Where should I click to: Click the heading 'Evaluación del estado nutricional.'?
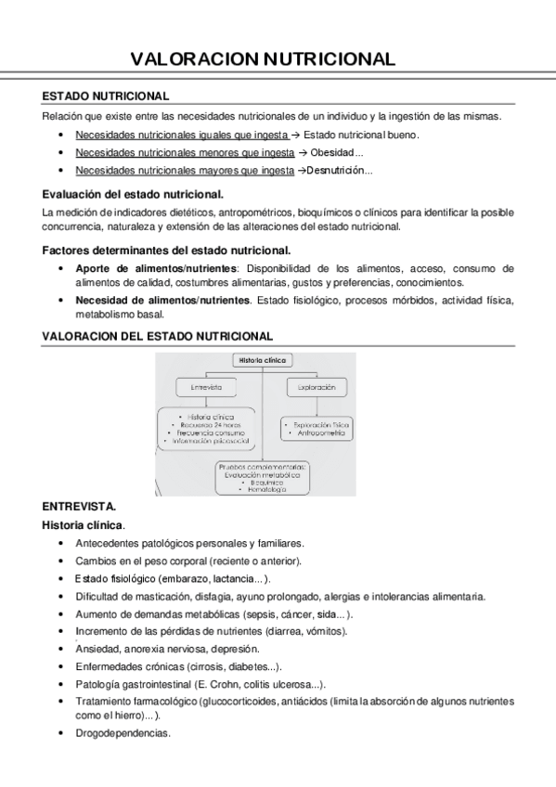pos(133,194)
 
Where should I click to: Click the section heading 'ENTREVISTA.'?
pos(79,508)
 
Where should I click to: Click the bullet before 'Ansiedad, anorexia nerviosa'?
pos(60,649)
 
